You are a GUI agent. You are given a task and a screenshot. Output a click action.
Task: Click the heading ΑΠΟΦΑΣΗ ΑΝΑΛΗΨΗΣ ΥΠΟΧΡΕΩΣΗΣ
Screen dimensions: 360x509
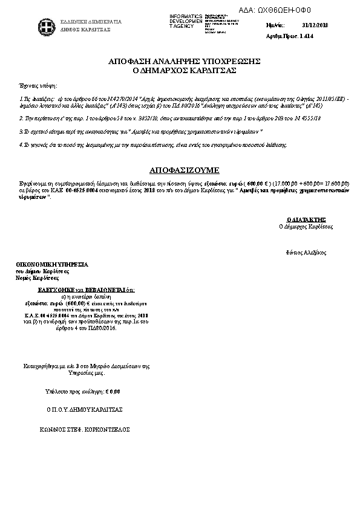coord(184,62)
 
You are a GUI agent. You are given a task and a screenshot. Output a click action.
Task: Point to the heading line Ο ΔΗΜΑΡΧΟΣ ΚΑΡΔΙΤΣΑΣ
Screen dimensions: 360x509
coord(184,70)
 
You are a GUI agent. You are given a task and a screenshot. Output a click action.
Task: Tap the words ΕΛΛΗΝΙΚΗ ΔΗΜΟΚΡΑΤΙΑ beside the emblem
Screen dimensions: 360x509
coord(91,22)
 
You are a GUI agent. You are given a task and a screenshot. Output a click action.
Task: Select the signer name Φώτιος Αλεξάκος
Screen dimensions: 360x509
coord(306,251)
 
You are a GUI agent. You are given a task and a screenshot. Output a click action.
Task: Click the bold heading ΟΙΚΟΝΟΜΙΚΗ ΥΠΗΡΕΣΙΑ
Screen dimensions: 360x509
coord(51,265)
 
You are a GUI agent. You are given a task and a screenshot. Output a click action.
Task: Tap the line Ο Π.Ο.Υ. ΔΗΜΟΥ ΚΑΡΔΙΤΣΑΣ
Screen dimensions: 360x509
coord(85,409)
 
